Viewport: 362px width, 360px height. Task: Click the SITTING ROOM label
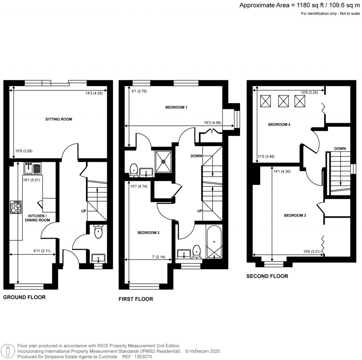pyautogui.click(x=58, y=119)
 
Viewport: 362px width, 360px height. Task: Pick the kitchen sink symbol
pyautogui.click(x=33, y=168)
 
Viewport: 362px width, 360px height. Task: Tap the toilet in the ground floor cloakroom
pyautogui.click(x=98, y=232)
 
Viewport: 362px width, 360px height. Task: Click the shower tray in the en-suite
pyautogui.click(x=163, y=161)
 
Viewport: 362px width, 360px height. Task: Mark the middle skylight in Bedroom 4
pyautogui.click(x=284, y=101)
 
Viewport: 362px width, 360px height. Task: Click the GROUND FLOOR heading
pyautogui.click(x=24, y=297)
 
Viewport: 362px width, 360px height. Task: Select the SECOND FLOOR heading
pyautogui.click(x=267, y=276)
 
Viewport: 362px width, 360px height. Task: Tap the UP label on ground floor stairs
pyautogui.click(x=84, y=211)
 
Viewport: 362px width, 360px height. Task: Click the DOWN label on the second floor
pyautogui.click(x=340, y=149)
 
